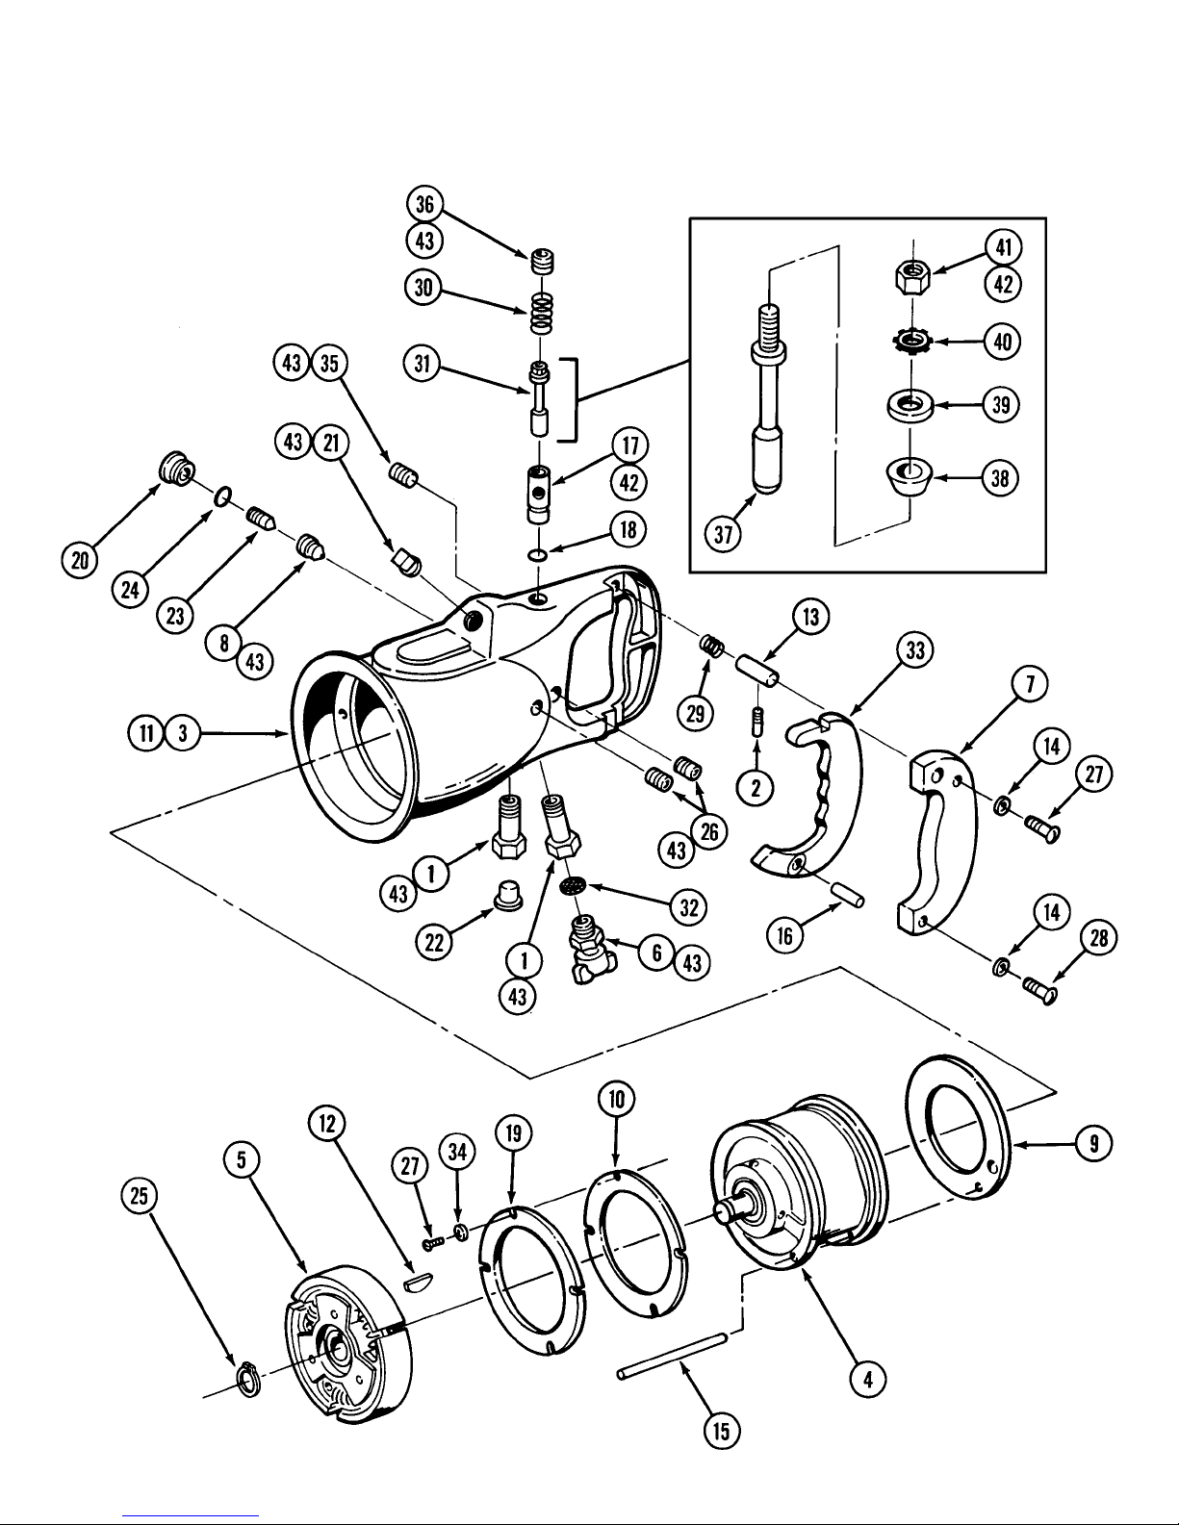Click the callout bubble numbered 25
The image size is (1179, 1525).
pos(140,1194)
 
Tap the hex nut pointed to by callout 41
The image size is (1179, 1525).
pos(913,276)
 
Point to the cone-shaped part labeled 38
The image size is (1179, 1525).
pos(910,476)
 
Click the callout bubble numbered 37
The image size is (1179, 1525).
pos(724,535)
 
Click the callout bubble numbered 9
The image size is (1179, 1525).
pos(1094,1144)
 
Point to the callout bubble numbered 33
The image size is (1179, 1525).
pos(915,649)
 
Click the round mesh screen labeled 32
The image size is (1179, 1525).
pos(573,886)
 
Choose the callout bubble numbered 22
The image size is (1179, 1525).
pos(434,942)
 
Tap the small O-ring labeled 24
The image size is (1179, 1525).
pos(221,496)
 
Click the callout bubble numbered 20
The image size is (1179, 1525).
pos(80,560)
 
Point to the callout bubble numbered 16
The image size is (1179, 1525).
pos(784,935)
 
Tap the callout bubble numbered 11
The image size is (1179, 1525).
pos(146,733)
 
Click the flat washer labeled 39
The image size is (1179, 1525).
pos(910,407)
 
